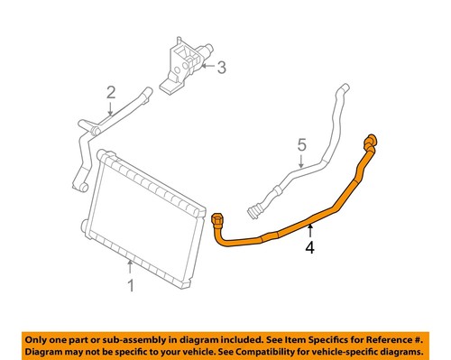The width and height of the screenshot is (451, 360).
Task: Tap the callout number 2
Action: pyautogui.click(x=110, y=92)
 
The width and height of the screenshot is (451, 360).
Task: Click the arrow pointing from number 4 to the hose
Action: pyautogui.click(x=310, y=226)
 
